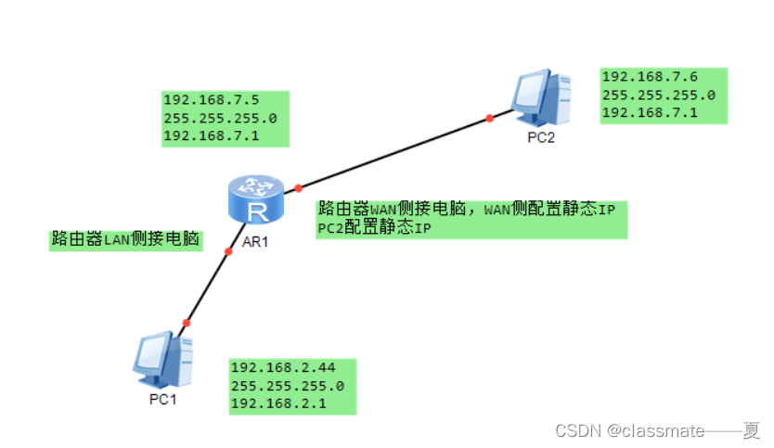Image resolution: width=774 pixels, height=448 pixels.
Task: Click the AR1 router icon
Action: coord(252,200)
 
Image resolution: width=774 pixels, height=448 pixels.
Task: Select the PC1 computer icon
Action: coord(163,361)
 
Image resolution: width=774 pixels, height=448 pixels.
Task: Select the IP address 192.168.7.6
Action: coord(649,77)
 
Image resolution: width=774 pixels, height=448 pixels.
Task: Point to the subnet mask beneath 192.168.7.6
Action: coord(658,95)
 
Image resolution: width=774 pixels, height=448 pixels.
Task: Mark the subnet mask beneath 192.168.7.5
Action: coord(220,119)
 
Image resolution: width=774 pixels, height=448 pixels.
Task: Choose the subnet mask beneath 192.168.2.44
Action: coord(287,386)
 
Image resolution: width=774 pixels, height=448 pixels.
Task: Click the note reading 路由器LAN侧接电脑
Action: coord(126,239)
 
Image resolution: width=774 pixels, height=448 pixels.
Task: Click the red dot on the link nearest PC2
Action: coord(490,118)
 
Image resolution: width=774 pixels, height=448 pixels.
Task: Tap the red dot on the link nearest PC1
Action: coord(186,323)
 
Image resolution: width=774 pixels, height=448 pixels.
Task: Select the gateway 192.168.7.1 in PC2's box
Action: coord(649,113)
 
